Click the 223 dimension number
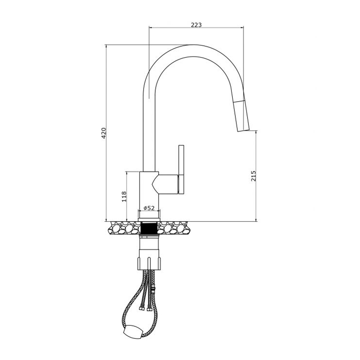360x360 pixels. pos(196,25)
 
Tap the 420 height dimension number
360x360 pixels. pos(104,133)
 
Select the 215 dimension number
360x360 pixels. pos(253,175)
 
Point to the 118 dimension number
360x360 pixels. pos(124,196)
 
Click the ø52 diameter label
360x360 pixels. pos(149,208)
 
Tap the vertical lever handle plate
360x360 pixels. pos(181,169)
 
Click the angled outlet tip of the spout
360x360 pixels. pos(243,130)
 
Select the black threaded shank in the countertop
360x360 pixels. pos(149,229)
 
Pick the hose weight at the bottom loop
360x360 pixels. pos(132,332)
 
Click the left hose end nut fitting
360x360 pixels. pos(142,308)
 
